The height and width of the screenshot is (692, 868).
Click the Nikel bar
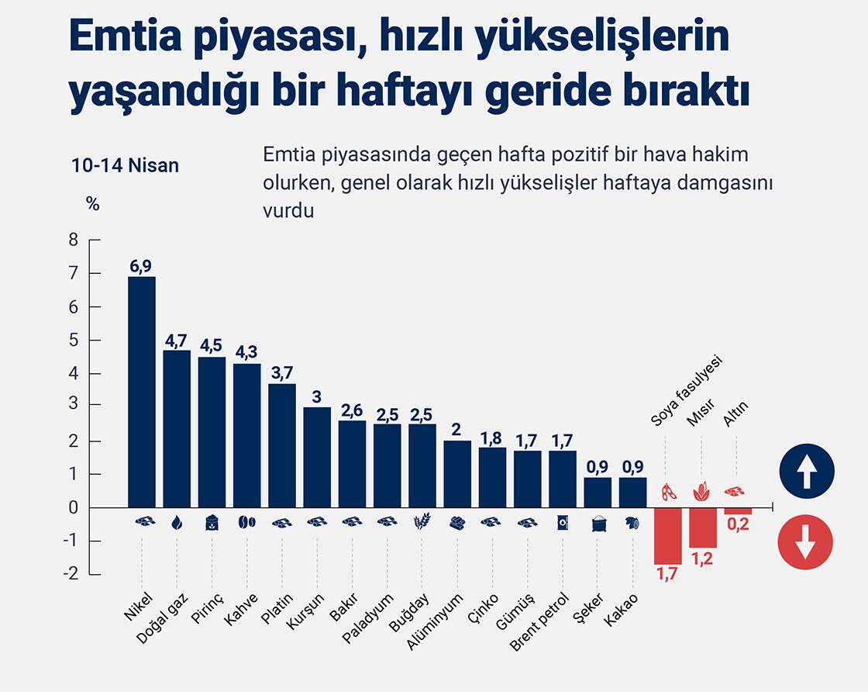click(142, 392)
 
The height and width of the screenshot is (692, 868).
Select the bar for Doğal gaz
click(177, 428)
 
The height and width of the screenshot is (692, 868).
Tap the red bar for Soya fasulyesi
click(667, 536)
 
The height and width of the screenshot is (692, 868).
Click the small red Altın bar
click(738, 511)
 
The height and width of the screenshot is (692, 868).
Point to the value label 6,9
click(141, 266)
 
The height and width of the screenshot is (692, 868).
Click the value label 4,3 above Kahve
click(246, 352)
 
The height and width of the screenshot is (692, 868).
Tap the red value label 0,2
click(738, 524)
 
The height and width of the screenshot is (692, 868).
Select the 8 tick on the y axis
click(74, 240)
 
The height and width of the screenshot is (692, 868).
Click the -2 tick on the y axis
click(71, 574)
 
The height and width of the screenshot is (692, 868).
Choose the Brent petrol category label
click(539, 621)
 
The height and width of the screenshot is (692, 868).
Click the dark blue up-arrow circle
click(807, 470)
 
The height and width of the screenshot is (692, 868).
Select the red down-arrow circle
click(807, 542)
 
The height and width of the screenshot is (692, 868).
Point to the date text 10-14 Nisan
click(125, 165)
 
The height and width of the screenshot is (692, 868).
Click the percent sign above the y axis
click(93, 204)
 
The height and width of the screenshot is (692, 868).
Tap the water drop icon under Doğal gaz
click(177, 523)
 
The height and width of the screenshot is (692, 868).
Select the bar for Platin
click(282, 445)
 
